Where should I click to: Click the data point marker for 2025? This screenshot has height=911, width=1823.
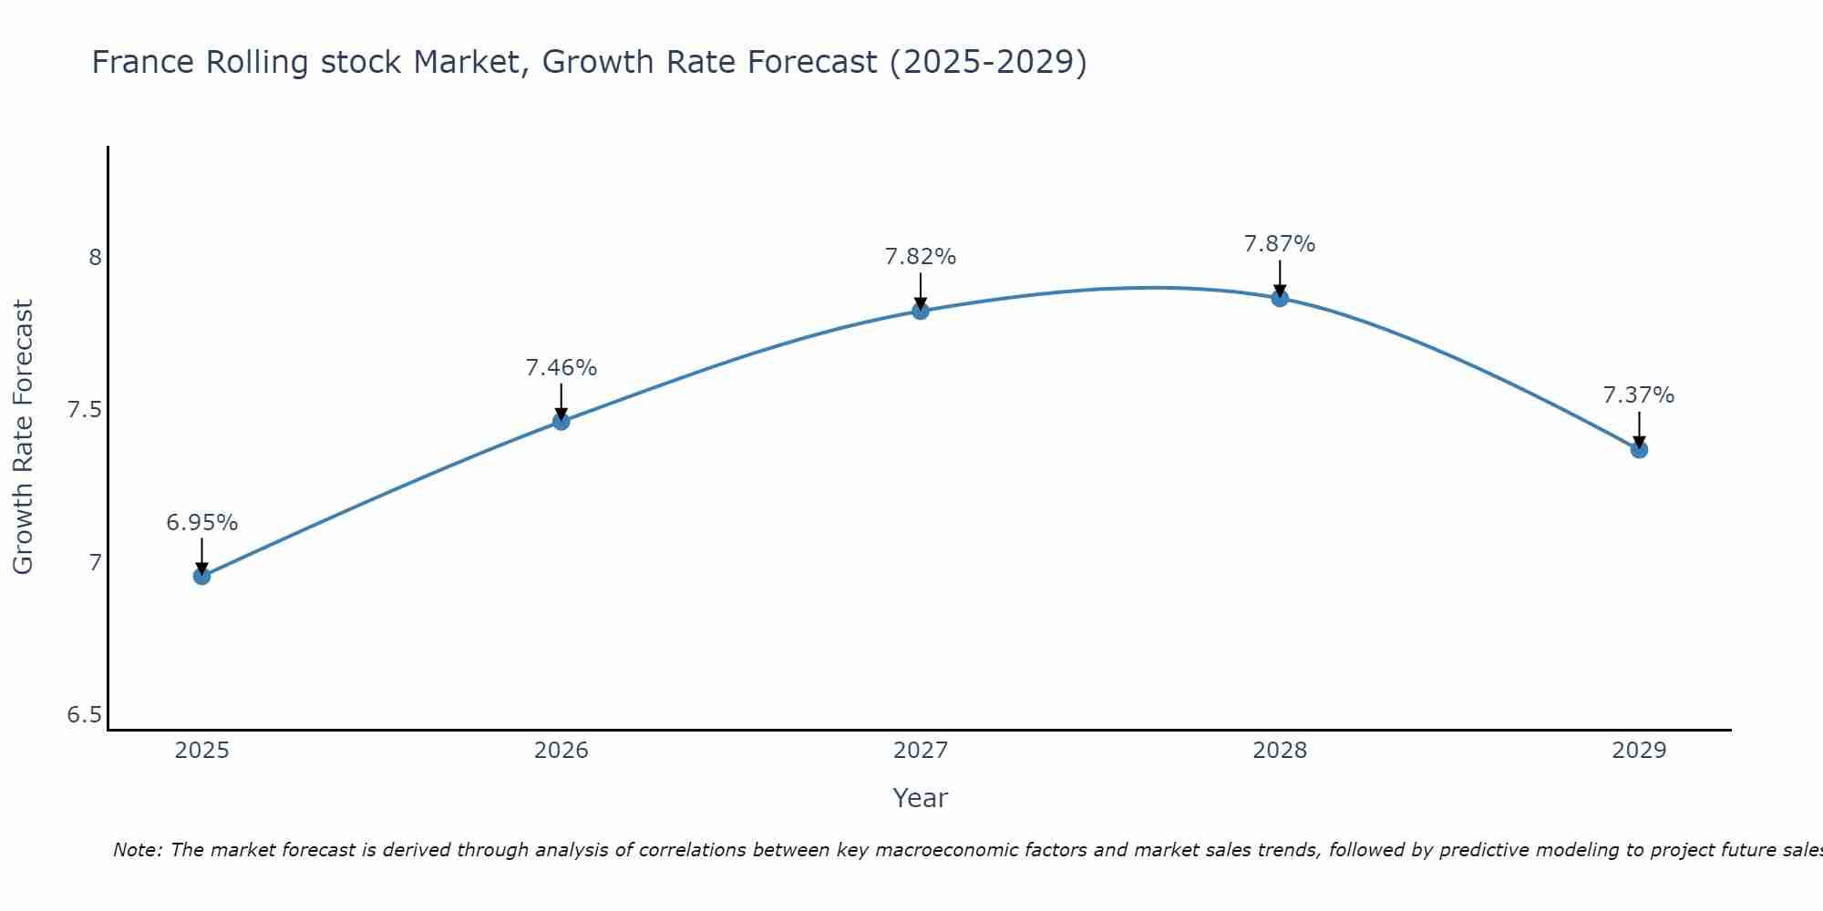[x=201, y=576]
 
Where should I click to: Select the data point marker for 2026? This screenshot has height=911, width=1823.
[x=561, y=421]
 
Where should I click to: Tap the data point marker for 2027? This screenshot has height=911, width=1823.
[x=921, y=311]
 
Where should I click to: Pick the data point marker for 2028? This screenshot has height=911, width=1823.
[x=1280, y=298]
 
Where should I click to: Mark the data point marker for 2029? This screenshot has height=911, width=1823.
[x=1639, y=449]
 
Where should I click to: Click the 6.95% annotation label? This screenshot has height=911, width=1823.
[x=201, y=523]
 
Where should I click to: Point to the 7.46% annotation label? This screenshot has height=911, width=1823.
[x=561, y=368]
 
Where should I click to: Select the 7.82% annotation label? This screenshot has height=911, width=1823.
[x=921, y=257]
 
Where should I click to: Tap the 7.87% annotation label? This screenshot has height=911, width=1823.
[x=1280, y=244]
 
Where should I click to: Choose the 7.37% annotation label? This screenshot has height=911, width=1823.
[x=1639, y=395]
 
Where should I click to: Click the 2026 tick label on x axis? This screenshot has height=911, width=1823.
[x=561, y=751]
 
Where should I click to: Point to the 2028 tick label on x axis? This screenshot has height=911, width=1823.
[x=1280, y=751]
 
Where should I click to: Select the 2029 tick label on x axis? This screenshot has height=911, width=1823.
[x=1639, y=751]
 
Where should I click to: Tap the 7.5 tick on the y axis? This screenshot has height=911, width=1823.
[x=85, y=410]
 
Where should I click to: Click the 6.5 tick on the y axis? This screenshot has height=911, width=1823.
[x=85, y=715]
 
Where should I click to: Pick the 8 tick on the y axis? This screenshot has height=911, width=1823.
[x=95, y=258]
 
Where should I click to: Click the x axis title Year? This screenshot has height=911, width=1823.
[x=921, y=798]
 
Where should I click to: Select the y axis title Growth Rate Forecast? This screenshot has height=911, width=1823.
[x=23, y=437]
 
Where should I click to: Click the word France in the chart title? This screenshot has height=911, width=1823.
[x=143, y=62]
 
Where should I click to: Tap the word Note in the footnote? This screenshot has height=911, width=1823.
[x=137, y=850]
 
